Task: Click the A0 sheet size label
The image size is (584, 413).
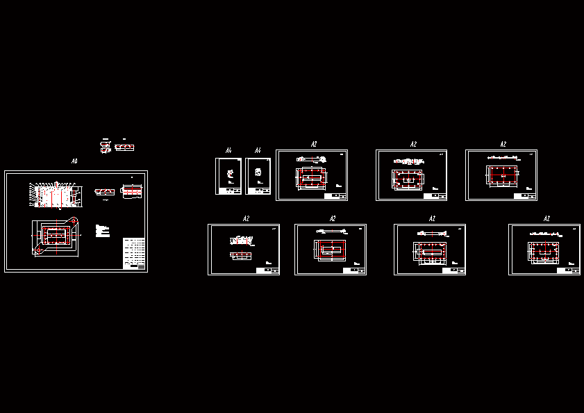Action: pos(74,161)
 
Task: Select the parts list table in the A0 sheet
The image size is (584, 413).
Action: pos(134,253)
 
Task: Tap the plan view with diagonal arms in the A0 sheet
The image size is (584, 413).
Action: pos(56,237)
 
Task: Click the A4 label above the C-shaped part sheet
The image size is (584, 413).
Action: pos(228,151)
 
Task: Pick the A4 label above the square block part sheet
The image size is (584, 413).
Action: pos(257,151)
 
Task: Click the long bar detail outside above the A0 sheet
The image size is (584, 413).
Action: pos(126,147)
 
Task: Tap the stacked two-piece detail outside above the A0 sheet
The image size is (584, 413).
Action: pos(106,147)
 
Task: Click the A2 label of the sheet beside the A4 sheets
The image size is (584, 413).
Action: pos(314,145)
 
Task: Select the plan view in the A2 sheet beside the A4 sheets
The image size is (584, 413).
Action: pos(311,177)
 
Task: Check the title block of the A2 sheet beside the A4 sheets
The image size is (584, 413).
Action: pos(335,197)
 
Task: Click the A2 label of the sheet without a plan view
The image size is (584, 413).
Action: pos(246,219)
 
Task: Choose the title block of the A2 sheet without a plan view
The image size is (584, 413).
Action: pos(267,270)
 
